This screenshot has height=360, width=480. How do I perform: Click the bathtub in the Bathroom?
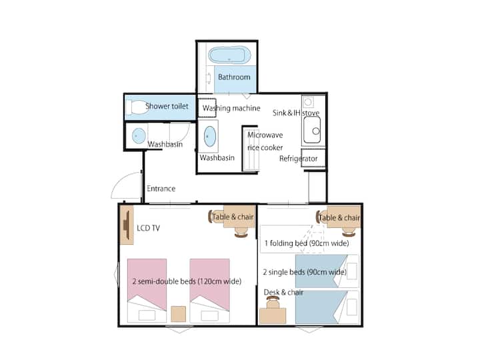click(x=229, y=55)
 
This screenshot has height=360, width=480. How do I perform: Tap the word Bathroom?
click(x=234, y=77)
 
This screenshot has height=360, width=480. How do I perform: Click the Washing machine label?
click(x=231, y=108)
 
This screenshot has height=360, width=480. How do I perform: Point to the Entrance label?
click(x=161, y=189)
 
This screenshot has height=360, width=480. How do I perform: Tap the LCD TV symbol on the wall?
click(x=127, y=225)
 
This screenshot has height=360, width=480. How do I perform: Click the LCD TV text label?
click(x=148, y=228)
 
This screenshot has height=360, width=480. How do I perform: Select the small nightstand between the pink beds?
click(x=178, y=314)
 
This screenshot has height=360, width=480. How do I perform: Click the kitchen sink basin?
click(x=312, y=130)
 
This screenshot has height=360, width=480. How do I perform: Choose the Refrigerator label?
click(x=299, y=159)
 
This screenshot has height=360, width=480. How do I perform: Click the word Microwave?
click(x=265, y=135)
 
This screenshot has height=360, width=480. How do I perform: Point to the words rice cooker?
click(x=265, y=147)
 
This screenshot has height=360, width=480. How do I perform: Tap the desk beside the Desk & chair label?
click(x=273, y=316)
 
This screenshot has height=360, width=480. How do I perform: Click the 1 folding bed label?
click(x=307, y=243)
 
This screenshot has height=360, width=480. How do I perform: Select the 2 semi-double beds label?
click(x=187, y=281)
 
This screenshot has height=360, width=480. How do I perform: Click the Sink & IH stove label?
click(x=296, y=113)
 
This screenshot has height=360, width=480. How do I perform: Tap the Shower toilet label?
click(x=167, y=106)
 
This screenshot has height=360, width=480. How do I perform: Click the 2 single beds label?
click(x=305, y=272)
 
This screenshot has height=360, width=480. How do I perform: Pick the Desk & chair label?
click(x=283, y=293)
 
